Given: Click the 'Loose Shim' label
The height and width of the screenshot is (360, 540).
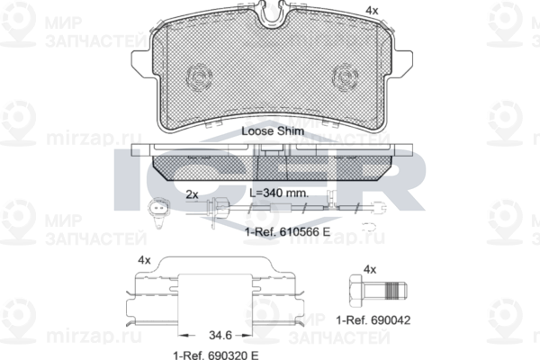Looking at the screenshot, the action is click(x=273, y=131).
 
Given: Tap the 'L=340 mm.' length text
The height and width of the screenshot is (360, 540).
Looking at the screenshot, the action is click(x=279, y=193).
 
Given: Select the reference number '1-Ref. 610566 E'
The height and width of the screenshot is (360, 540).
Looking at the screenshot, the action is click(x=288, y=232).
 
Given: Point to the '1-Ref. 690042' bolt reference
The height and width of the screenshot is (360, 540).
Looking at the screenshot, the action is click(x=373, y=320).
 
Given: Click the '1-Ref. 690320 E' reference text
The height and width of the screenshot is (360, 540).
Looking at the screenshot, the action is click(x=216, y=355).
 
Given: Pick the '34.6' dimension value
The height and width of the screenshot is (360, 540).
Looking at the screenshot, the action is click(x=220, y=335).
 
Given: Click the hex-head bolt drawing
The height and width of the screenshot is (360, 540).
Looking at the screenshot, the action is click(x=378, y=291).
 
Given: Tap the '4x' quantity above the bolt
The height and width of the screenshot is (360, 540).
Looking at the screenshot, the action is click(x=370, y=269).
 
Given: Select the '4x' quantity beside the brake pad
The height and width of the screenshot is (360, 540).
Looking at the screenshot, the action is click(x=372, y=11).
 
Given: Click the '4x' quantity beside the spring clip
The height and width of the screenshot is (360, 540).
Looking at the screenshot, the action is click(x=144, y=260).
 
